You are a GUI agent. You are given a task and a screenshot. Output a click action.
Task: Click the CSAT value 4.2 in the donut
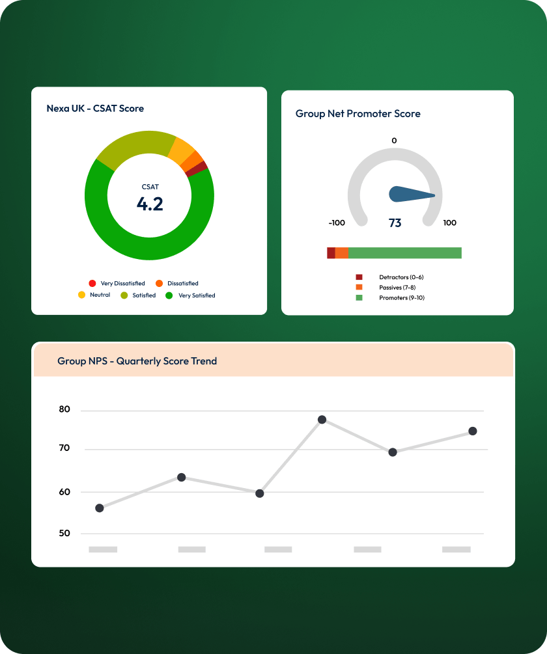(x=150, y=204)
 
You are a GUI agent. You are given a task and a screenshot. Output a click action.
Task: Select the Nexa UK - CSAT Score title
(x=95, y=108)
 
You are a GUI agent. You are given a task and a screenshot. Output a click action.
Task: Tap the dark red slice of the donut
(x=203, y=167)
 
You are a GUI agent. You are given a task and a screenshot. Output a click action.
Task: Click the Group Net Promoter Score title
(x=358, y=113)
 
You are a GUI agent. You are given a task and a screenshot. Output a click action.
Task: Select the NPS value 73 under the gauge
(x=395, y=223)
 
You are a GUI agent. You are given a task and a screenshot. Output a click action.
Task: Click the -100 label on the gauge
(x=337, y=223)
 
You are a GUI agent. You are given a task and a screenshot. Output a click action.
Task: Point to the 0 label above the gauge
(x=394, y=141)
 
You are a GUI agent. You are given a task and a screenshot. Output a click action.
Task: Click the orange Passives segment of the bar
(x=342, y=253)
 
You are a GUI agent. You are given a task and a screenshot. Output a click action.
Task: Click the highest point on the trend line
(x=322, y=420)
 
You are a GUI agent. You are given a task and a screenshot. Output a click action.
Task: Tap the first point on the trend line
(x=100, y=508)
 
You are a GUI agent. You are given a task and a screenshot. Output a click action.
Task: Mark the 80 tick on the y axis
(x=64, y=409)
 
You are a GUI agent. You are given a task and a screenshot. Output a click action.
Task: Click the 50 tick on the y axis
(x=64, y=534)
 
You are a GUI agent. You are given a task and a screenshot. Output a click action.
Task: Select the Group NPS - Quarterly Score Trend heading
(x=137, y=361)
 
